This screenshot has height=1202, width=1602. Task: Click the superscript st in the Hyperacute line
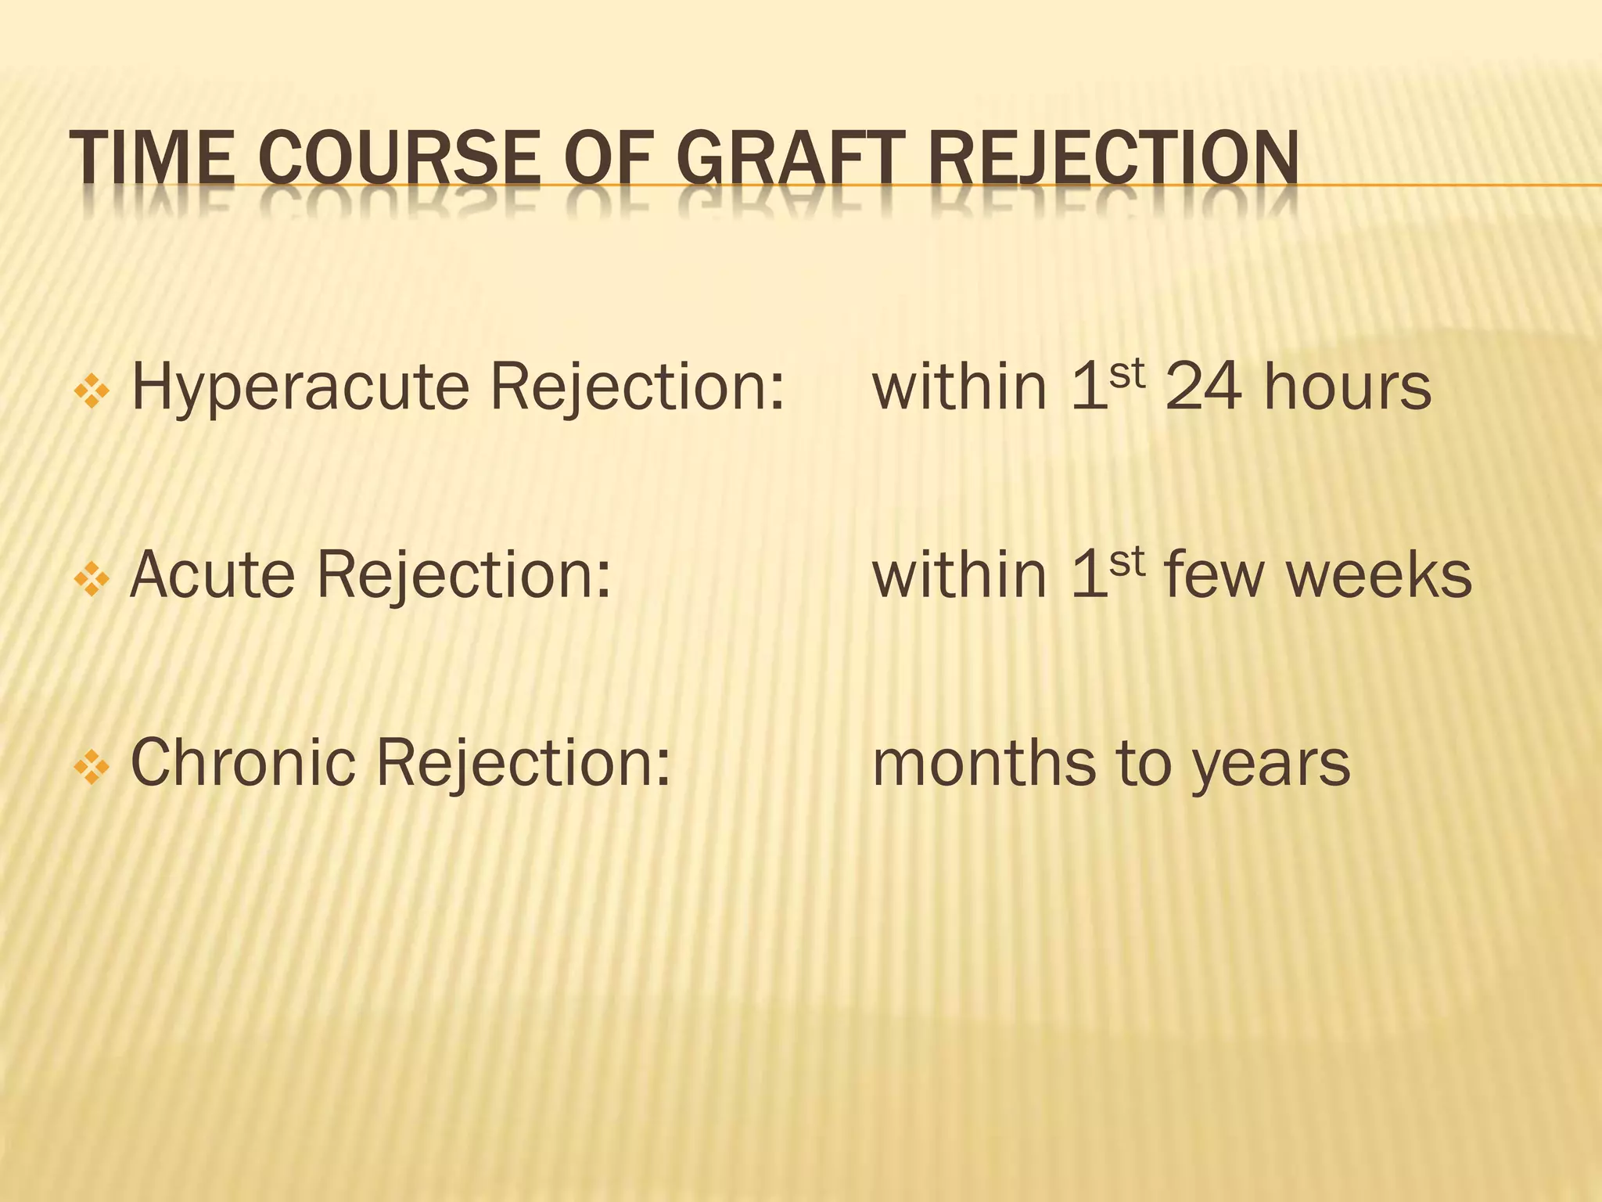tap(1126, 373)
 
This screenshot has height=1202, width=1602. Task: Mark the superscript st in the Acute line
tap(1126, 561)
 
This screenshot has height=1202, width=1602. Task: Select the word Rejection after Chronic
tap(523, 764)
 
